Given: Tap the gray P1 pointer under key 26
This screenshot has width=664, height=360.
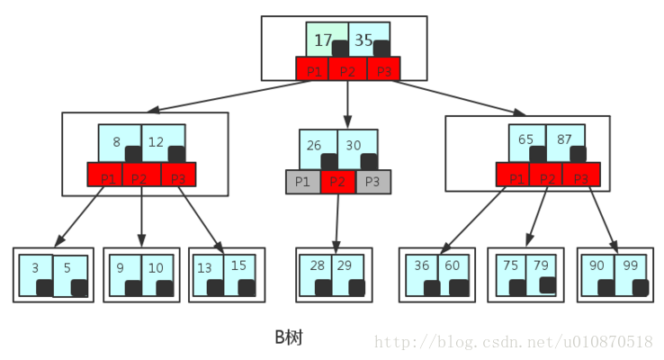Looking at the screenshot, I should pyautogui.click(x=303, y=182).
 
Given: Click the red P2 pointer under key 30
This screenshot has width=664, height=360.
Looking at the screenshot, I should pyautogui.click(x=338, y=182).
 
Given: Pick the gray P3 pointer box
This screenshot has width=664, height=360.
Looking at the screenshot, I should pyautogui.click(x=373, y=182).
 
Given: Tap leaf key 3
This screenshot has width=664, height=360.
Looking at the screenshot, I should pyautogui.click(x=36, y=268).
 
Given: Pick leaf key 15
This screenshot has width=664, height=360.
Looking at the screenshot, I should pyautogui.click(x=238, y=266).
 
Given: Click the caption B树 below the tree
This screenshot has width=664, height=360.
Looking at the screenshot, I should pyautogui.click(x=289, y=337).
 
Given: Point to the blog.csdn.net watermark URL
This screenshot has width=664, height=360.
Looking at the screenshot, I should pyautogui.click(x=513, y=342).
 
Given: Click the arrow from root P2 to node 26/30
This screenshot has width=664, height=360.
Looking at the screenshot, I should pyautogui.click(x=348, y=103).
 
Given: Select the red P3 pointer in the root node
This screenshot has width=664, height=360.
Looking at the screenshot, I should pyautogui.click(x=384, y=70).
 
